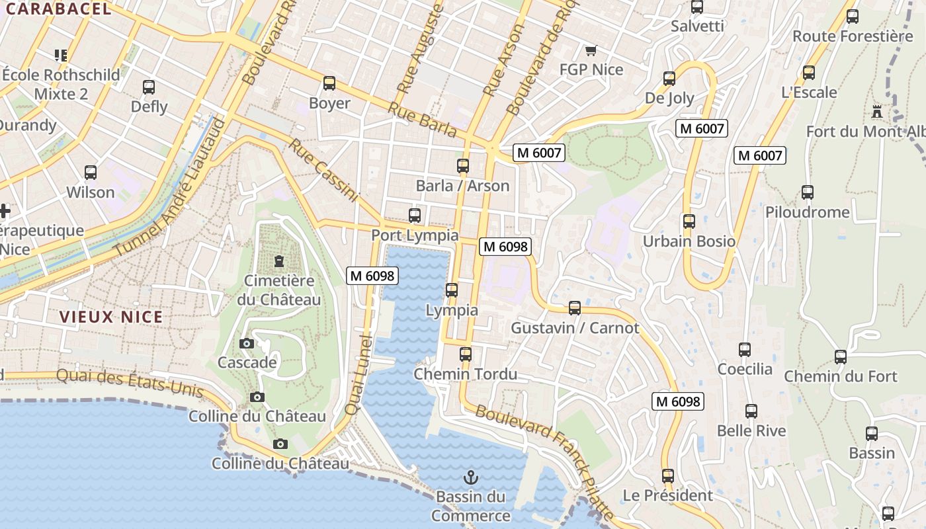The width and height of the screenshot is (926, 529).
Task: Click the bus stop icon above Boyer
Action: point(329,83)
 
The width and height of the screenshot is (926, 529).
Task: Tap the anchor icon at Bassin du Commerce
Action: point(471,477)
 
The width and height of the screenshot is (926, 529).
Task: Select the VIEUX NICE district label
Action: point(111,317)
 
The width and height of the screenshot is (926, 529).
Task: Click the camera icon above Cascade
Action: point(247,343)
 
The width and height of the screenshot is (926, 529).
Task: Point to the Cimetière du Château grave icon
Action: point(278,261)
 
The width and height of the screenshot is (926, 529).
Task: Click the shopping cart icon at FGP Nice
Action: point(591,51)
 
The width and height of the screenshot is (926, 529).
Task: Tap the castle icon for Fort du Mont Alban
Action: point(877,111)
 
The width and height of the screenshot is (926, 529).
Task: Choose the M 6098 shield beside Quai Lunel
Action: point(372,276)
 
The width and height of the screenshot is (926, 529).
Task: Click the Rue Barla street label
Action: point(422,120)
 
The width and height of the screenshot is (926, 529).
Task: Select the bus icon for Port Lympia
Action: point(415,216)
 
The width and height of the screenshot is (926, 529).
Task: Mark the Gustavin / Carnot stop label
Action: point(575,328)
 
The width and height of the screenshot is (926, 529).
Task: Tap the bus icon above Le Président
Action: point(668,476)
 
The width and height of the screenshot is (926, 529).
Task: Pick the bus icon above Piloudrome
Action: point(808,192)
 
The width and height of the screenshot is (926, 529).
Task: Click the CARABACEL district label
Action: point(58,9)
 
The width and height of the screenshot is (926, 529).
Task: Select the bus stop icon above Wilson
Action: point(91,173)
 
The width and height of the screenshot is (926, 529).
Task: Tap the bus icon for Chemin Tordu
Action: point(466,354)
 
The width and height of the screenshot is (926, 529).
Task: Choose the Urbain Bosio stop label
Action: point(689,241)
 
